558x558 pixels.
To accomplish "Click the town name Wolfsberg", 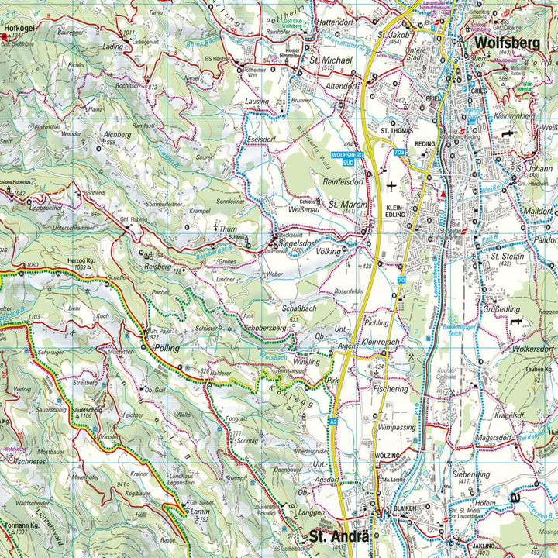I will point(507,43).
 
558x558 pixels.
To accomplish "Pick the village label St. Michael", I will point(326,60).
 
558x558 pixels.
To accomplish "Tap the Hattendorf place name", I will point(336,23).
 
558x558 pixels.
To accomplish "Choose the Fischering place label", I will point(390,389).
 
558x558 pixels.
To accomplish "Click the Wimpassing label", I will point(398,427).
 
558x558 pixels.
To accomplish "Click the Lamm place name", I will point(201,512).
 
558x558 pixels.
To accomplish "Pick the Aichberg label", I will point(118,134).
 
